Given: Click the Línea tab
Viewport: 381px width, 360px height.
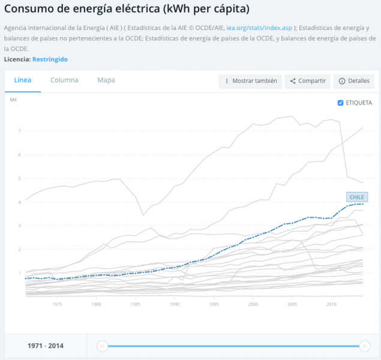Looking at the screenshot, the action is coord(23,80).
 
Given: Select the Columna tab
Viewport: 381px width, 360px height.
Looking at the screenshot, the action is coord(64,80).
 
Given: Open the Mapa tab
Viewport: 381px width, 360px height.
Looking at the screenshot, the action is coord(106,80).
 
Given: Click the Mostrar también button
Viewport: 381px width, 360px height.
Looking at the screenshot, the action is coord(250,81).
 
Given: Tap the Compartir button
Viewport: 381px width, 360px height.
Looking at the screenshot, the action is coord(308,81).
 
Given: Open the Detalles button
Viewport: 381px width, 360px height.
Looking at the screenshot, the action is coord(354,81).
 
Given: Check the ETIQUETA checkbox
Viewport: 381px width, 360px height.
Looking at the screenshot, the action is coord(340,103).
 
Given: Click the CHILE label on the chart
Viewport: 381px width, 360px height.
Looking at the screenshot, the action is coord(357,197).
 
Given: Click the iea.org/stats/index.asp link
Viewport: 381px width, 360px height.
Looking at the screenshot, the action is coord(259,28).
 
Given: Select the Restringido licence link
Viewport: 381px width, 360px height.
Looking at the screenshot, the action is coord(50,59).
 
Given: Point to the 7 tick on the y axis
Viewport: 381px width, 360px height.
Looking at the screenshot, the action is coord(20,131).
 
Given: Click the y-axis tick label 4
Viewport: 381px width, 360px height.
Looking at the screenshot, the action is coord(20,202).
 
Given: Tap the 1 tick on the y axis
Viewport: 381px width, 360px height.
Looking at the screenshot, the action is coord(20,273).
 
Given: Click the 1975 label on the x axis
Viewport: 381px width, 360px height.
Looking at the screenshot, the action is coord(57,304).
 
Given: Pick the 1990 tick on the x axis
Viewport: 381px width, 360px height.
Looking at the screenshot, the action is coord(175,304).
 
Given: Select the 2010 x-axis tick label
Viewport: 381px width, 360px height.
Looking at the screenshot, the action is coord(331,304).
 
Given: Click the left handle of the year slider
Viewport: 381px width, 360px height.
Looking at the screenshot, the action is coord(102,346).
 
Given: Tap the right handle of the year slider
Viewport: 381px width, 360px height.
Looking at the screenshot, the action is coord(364,346).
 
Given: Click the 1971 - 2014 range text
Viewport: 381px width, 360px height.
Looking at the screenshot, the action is coord(46,346).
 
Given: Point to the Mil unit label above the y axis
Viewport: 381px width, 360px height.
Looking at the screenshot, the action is coord(13,100).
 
